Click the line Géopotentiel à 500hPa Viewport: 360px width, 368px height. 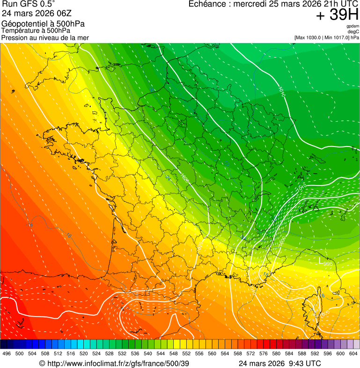[x=44, y=24]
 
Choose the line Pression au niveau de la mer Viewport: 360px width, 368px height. [x=45, y=37]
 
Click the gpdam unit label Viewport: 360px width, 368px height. [x=353, y=26]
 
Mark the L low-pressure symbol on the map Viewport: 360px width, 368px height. [x=321, y=260]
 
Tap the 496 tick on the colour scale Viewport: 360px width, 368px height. [x=7, y=354]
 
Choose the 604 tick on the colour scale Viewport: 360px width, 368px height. [x=353, y=354]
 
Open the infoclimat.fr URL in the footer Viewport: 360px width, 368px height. [x=114, y=363]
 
